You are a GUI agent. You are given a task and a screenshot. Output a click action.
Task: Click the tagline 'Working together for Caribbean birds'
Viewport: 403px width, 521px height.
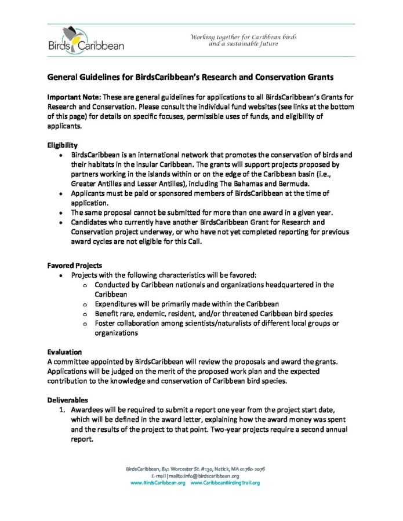244,36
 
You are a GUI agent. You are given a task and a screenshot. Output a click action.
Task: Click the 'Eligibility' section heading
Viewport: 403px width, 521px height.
62,145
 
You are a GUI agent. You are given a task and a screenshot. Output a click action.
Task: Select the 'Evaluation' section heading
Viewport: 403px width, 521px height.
64,351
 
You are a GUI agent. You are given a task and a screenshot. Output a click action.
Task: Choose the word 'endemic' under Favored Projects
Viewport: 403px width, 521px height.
149,313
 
